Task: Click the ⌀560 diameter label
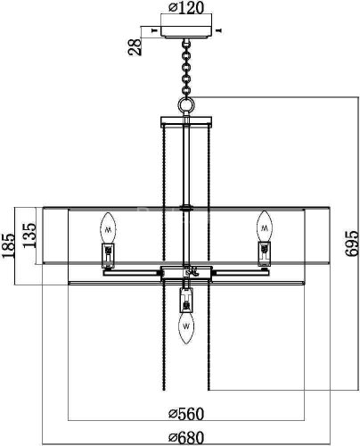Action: click(185, 413)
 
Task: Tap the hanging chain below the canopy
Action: click(185, 67)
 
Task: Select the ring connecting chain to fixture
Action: click(185, 104)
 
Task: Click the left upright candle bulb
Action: click(108, 227)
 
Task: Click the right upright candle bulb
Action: click(263, 227)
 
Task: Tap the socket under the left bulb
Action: click(108, 255)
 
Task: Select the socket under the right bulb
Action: click(263, 255)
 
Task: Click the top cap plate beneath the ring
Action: click(185, 120)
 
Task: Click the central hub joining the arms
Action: click(185, 273)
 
